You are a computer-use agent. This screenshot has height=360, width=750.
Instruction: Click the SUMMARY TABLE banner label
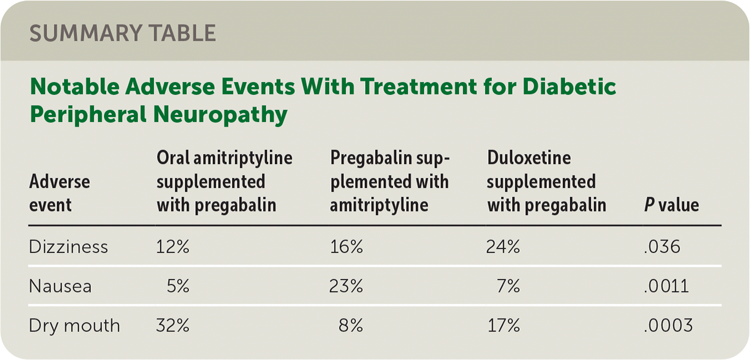click(x=123, y=34)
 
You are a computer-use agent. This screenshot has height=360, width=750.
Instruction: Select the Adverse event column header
click(x=59, y=193)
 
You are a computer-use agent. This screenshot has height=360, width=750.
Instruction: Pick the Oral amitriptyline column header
click(x=224, y=181)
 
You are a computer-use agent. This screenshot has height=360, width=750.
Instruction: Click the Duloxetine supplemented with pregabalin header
click(x=546, y=181)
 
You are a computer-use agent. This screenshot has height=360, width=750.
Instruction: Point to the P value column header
click(x=671, y=205)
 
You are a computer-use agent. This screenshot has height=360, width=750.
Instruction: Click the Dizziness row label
click(x=68, y=246)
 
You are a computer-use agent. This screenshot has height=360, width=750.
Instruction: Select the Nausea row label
click(x=60, y=286)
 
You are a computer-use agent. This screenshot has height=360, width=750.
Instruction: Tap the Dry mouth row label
click(x=74, y=326)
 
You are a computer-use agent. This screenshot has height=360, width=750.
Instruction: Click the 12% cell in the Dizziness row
click(x=173, y=246)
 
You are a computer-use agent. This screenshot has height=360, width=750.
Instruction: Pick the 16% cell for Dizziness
click(x=346, y=246)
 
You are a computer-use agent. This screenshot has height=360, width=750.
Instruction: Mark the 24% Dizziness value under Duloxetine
click(x=503, y=246)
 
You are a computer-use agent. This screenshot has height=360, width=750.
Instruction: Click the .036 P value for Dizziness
click(x=662, y=246)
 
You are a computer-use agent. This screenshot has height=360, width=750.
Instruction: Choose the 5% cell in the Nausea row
click(x=178, y=286)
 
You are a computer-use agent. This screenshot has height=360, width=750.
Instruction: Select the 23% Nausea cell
click(x=346, y=286)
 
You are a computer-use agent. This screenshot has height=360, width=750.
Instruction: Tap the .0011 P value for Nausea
click(x=666, y=286)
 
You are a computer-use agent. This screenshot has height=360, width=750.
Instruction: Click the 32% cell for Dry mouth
click(x=173, y=326)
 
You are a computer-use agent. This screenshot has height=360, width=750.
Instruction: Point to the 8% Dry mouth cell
click(x=351, y=326)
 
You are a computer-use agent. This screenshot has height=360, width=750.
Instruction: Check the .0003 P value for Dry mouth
click(x=668, y=326)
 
